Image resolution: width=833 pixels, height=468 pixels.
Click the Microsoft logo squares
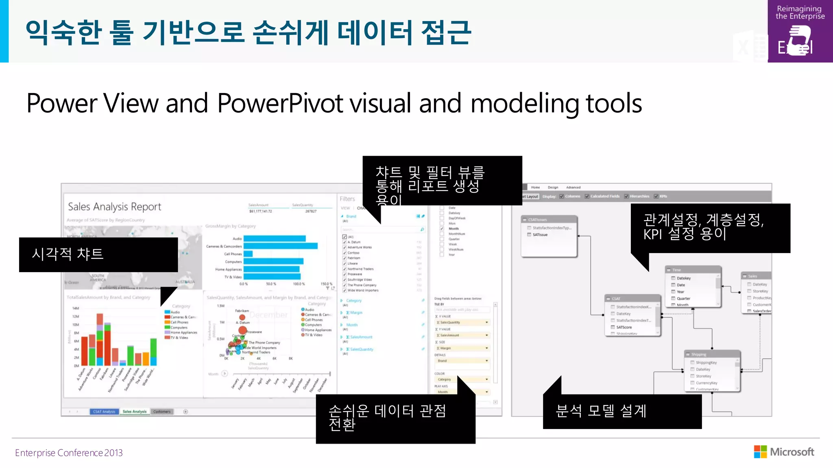click(x=760, y=452)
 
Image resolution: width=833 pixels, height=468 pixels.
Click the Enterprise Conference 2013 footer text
click(x=69, y=453)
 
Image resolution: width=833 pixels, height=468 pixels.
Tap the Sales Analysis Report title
click(x=114, y=207)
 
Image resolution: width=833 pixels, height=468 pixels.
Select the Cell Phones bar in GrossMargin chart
click(x=248, y=254)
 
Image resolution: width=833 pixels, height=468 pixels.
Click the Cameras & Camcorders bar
click(x=280, y=246)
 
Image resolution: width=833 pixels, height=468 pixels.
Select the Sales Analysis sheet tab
click(x=134, y=412)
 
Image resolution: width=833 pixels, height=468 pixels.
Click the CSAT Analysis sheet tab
click(x=104, y=412)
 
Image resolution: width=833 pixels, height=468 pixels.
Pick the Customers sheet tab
click(x=162, y=412)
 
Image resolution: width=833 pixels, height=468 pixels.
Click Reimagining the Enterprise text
click(x=800, y=13)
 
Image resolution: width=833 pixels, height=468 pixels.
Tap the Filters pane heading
click(x=347, y=199)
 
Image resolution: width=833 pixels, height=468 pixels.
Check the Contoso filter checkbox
click(x=345, y=253)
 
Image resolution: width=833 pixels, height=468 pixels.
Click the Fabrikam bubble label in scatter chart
click(x=242, y=311)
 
